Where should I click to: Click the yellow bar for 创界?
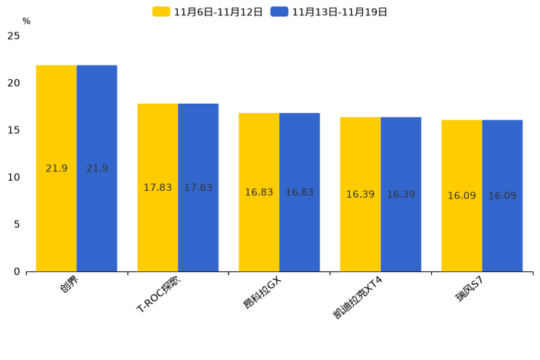click(57, 168)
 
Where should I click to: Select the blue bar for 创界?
click(97, 168)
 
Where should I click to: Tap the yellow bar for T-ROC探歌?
click(157, 187)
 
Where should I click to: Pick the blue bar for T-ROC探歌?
click(198, 187)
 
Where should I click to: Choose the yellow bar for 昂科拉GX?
click(259, 192)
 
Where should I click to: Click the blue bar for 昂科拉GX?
click(299, 192)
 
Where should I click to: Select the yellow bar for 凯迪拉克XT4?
click(360, 195)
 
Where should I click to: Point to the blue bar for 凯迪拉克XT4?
click(401, 195)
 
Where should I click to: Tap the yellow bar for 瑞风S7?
click(462, 196)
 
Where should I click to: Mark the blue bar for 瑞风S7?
click(502, 196)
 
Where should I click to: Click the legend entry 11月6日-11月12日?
click(208, 12)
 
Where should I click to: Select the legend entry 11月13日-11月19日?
click(330, 12)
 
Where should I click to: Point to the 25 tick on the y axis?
click(13, 36)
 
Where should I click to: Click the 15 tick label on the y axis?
click(13, 131)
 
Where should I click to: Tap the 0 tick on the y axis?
click(17, 271)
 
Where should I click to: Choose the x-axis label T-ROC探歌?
click(159, 295)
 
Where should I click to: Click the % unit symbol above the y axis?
click(26, 22)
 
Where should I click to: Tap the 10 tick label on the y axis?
click(13, 178)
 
